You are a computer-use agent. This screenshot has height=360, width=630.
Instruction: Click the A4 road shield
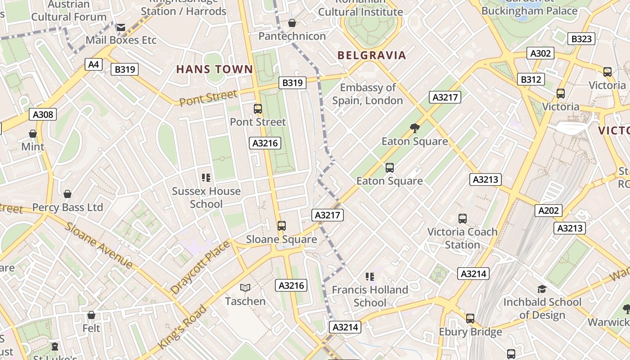coord(93,64)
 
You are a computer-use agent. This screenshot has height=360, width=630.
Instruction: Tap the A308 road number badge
coord(43,114)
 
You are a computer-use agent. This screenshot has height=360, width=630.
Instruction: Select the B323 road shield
coord(581,39)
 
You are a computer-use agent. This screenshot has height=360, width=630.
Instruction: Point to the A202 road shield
coord(549,210)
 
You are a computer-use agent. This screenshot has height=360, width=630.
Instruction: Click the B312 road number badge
coord(531,80)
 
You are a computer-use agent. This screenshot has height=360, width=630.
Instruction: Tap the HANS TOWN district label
coord(215,69)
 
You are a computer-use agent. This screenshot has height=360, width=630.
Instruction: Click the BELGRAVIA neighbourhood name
coord(372,55)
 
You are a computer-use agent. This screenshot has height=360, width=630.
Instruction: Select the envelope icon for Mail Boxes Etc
coord(121,27)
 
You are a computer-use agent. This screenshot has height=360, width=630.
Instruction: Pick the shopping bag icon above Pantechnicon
coord(292,23)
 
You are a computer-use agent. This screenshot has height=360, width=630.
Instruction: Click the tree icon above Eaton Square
coord(414,128)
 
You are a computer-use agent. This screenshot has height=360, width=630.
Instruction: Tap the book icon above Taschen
coord(245,288)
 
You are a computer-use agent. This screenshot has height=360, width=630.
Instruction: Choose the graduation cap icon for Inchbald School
coord(542,289)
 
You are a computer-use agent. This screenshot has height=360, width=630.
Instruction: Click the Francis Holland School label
coord(370,296)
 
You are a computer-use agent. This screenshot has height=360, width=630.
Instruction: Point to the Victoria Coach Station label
coord(462,238)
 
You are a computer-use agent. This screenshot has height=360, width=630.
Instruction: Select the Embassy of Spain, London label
coord(368,94)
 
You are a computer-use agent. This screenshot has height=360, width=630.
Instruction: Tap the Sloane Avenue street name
coord(99,245)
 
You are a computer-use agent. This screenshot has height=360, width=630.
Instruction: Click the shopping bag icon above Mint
coord(33,134)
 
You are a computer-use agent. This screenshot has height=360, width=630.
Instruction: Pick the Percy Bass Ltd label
coord(67,207)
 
